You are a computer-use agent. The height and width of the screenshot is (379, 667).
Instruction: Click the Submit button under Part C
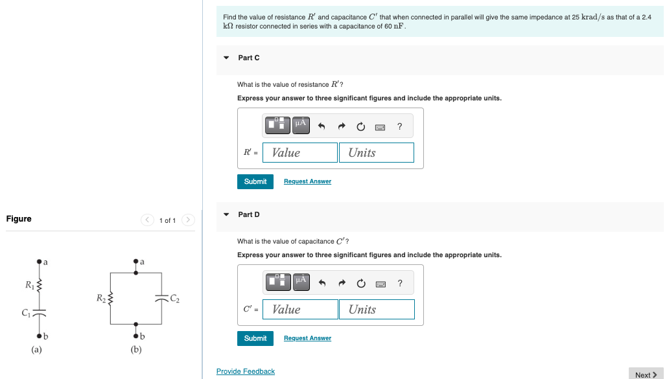point(255,181)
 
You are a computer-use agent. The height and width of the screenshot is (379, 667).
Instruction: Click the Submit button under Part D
point(255,338)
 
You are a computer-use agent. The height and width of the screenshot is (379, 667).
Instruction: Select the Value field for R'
point(300,153)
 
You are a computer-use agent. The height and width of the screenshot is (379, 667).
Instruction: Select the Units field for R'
point(376,153)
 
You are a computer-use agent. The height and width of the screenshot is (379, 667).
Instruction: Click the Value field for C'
point(300,310)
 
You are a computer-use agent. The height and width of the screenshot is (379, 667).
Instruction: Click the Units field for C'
point(376,310)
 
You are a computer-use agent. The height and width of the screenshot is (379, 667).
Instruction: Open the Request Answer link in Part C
point(307,181)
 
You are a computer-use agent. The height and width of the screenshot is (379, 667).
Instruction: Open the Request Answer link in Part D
point(307,338)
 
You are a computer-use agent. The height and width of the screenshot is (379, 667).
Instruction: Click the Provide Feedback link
point(245,371)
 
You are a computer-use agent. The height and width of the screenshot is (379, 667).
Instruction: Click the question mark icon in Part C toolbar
point(400,126)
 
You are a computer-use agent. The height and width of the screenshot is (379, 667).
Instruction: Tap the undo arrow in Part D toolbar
point(321,283)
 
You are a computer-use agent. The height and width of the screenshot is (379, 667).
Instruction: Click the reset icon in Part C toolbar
point(360,126)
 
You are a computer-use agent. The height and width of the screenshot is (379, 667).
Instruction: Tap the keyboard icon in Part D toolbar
point(380,283)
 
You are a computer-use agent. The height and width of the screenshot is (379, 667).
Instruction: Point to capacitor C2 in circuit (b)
point(160,298)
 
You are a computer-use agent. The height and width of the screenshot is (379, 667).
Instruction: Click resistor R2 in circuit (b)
point(110,299)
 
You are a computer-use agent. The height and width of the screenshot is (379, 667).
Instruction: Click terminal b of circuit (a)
point(39,336)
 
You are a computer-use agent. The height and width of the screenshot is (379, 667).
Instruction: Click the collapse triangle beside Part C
point(226,58)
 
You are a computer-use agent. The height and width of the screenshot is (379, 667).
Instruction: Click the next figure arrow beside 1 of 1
point(188,220)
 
